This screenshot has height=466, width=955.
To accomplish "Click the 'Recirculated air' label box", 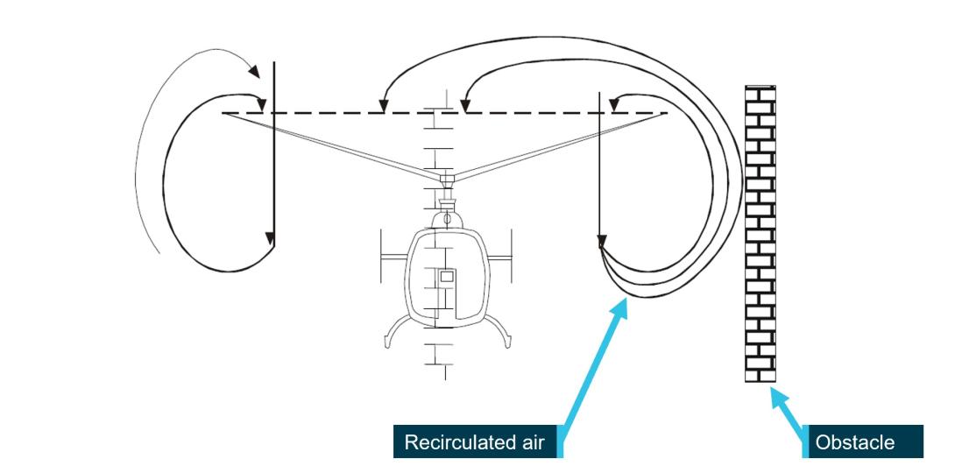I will [x=474, y=442].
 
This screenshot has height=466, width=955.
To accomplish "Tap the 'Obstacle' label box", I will [x=854, y=442].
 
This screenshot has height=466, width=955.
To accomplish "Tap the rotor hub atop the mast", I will [x=447, y=180].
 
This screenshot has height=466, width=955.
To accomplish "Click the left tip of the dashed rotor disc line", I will [x=224, y=113].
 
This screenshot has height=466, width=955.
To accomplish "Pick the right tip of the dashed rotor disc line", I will [x=666, y=113].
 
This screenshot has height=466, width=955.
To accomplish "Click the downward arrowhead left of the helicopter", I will [x=271, y=238].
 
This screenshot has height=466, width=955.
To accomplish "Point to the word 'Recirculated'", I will [x=458, y=442].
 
